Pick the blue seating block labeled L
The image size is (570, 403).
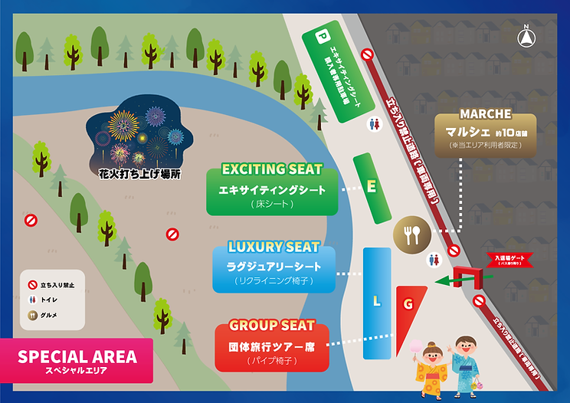point(376,300)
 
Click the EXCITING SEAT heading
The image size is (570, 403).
point(272,169)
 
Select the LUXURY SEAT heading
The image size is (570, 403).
point(274,247)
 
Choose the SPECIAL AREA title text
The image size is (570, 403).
point(77,357)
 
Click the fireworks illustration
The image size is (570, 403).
point(130,136)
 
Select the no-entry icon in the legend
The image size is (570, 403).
point(32,286)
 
